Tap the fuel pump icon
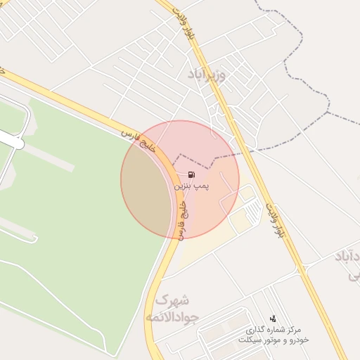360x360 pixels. [x=191, y=174]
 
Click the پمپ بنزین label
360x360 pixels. [x=192, y=186]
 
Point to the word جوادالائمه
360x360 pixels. [x=172, y=318]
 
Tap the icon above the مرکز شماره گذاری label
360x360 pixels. [x=273, y=319]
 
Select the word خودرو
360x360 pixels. [x=297, y=340]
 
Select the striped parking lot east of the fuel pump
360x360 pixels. [x=235, y=200]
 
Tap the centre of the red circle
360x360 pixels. [x=180, y=179]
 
